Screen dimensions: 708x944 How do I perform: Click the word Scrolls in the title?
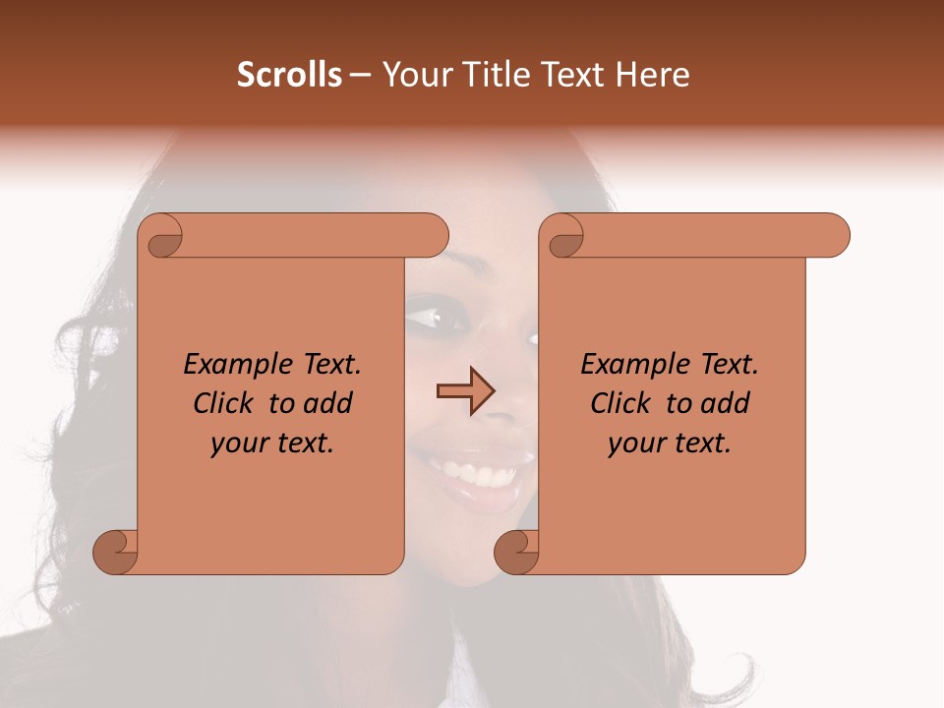(x=289, y=75)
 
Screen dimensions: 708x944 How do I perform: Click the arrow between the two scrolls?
(x=465, y=391)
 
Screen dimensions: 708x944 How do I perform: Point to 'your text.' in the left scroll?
(x=271, y=443)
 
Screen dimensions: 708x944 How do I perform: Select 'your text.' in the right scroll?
(x=669, y=443)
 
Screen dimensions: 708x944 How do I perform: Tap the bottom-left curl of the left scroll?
(x=116, y=551)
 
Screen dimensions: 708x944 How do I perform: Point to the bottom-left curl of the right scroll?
(x=516, y=551)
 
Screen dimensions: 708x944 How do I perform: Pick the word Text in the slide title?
(x=578, y=75)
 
